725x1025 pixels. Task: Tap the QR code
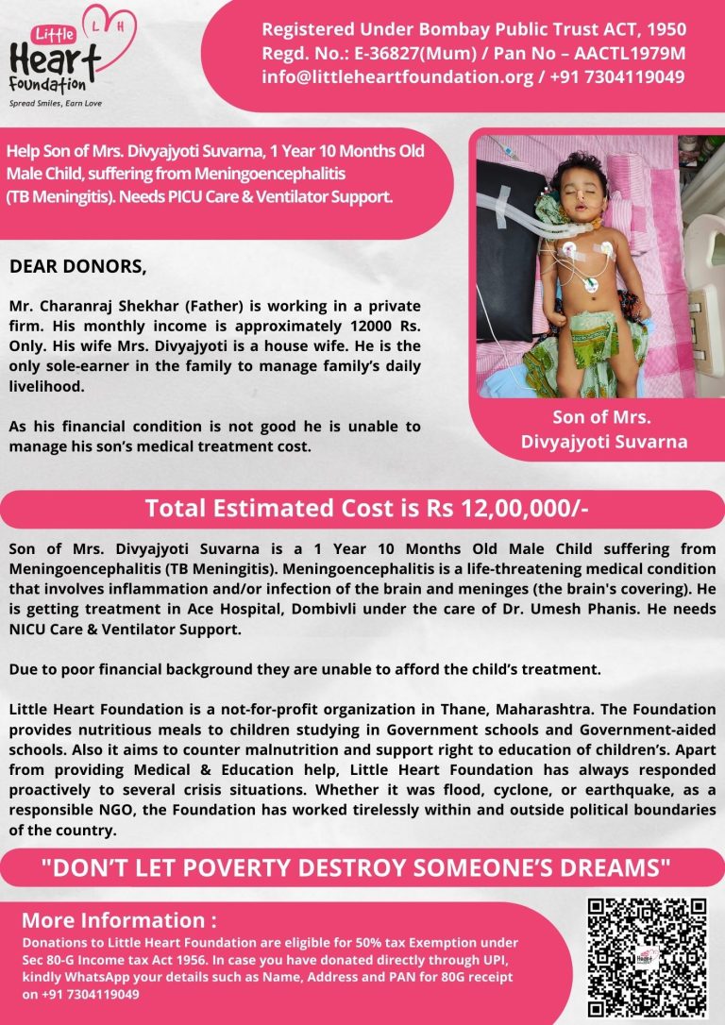(647, 956)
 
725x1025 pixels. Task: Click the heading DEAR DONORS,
(78, 267)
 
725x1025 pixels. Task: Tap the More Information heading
(119, 920)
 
